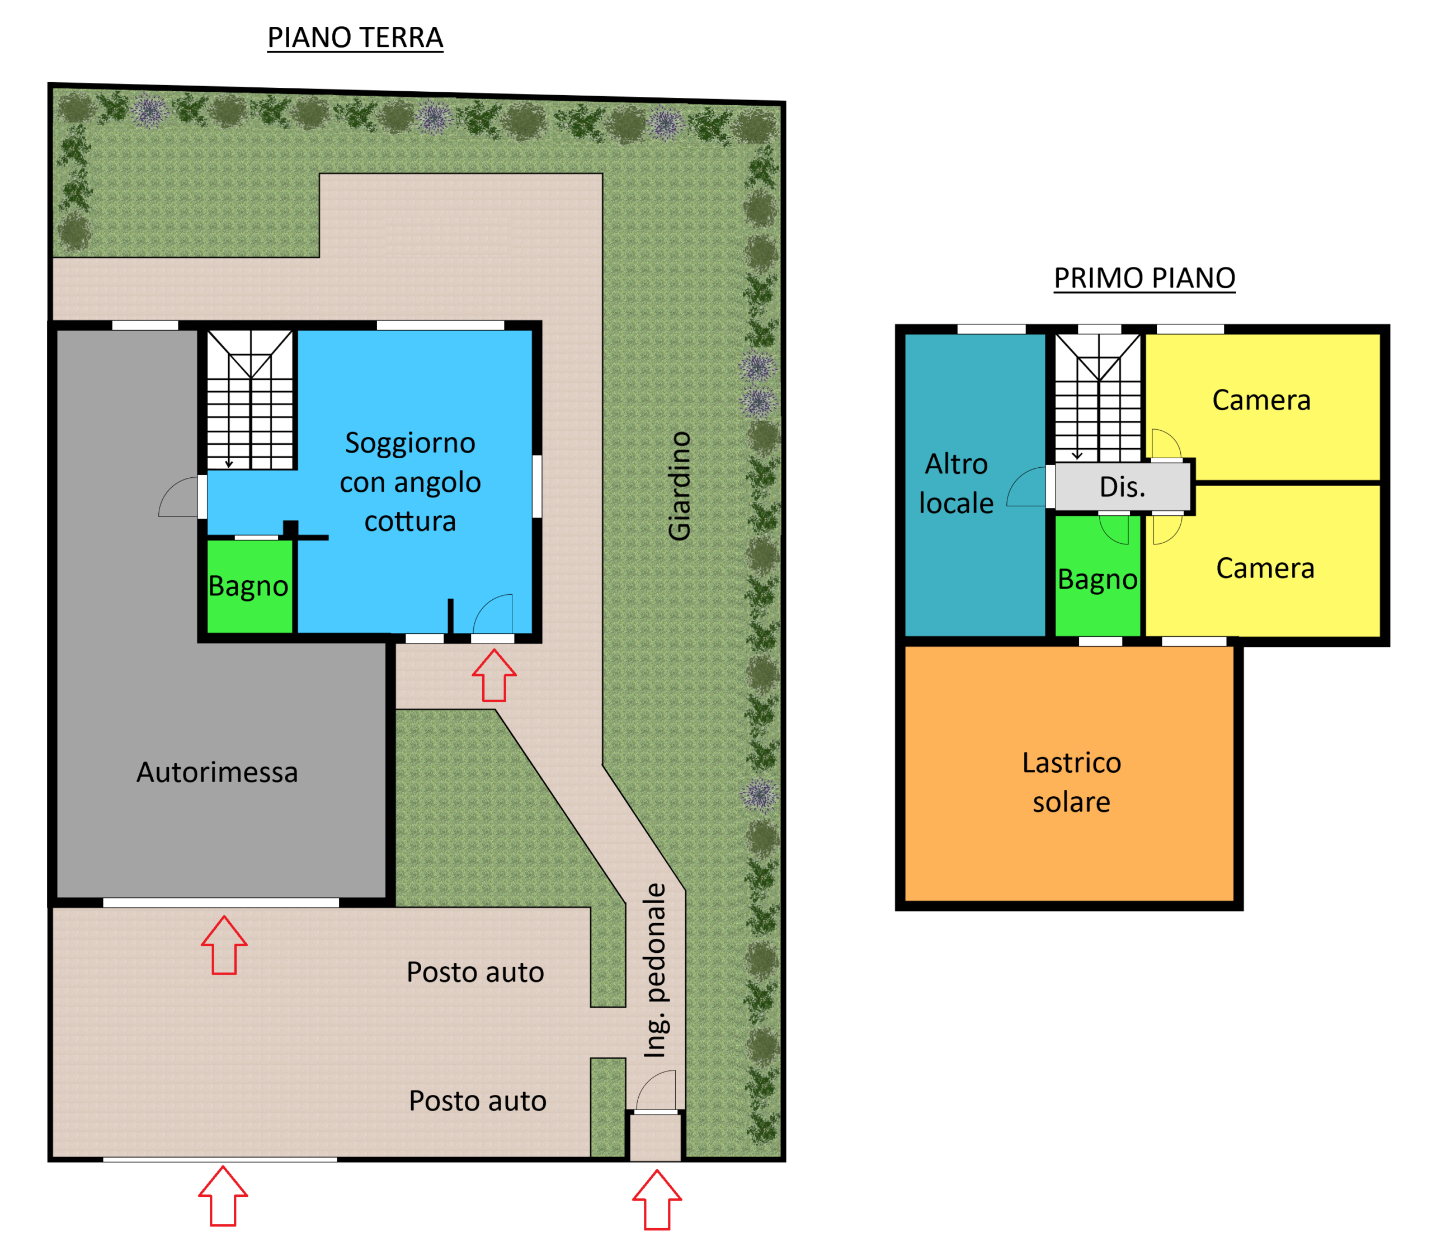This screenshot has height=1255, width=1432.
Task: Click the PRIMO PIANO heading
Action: tap(1144, 278)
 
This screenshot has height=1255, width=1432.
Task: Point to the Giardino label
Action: tap(679, 486)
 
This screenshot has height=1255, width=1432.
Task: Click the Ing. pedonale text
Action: tap(656, 971)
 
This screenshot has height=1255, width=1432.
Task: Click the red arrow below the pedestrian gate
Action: tap(657, 1200)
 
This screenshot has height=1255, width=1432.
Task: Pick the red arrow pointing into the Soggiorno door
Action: tap(494, 675)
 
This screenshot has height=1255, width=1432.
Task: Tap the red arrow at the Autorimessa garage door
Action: tap(224, 945)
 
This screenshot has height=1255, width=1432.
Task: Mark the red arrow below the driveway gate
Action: tap(223, 1196)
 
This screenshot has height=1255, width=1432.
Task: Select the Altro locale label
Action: tap(956, 483)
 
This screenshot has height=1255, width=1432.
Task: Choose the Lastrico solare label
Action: tap(1071, 782)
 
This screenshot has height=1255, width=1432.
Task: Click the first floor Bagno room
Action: tap(1097, 576)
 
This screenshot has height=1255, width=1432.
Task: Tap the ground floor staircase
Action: tap(250, 399)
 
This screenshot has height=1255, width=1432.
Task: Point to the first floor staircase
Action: tap(1098, 397)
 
